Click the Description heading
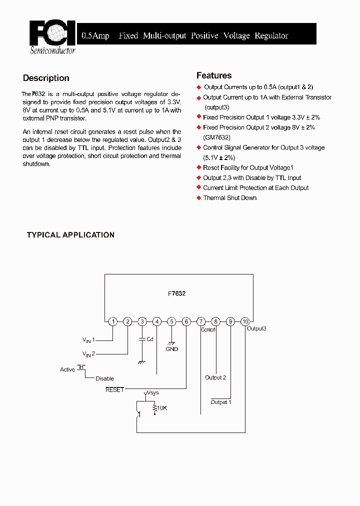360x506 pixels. [46, 78]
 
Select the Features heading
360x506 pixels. [214, 75]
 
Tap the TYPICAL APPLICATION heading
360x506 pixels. [70, 235]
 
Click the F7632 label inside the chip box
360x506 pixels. [176, 293]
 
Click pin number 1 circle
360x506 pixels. [113, 321]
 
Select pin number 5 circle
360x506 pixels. [171, 321]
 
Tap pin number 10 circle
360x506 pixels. [245, 321]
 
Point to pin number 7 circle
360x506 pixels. [201, 321]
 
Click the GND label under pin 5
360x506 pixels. [172, 349]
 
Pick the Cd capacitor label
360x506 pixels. [149, 339]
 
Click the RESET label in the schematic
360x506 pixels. [114, 389]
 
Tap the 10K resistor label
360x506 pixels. [162, 408]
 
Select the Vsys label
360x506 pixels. [152, 393]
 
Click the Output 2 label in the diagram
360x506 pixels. [215, 377]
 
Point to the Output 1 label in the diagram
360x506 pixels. [220, 402]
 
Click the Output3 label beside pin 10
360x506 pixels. [256, 328]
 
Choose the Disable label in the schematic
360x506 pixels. [104, 378]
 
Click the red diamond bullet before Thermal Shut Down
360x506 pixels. [198, 198]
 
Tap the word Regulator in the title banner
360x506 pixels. [271, 35]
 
